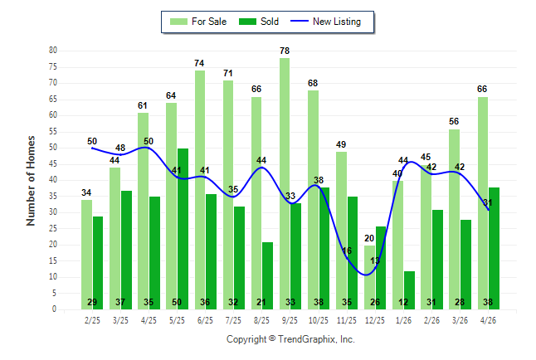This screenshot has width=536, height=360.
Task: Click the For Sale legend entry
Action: coord(198,22)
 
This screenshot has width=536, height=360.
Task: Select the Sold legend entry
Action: coord(259,22)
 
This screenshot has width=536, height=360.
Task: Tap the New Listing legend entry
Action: coord(326,22)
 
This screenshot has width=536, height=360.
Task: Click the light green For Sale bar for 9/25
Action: coord(285,183)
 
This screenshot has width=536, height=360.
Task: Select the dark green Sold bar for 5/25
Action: coord(183,229)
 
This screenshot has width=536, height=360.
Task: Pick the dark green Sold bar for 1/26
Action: coord(409,290)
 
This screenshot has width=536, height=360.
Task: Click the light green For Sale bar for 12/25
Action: coord(369,277)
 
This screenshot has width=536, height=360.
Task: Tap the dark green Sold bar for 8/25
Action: coord(268,276)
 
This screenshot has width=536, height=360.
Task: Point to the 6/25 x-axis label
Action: coord(205,321)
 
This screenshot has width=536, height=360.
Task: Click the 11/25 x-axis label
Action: coord(347,321)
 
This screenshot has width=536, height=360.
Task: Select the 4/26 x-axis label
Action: coord(488,321)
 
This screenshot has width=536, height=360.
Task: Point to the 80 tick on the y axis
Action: coord(53,51)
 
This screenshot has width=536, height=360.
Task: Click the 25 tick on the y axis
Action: coord(53,228)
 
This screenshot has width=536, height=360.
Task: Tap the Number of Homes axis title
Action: coord(31,181)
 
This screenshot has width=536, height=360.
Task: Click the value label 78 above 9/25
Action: coord(285,51)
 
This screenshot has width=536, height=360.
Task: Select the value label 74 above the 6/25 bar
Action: coord(199,63)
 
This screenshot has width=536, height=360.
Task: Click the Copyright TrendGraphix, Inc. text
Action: coord(290,339)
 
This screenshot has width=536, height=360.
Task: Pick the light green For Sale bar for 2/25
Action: coord(86,255)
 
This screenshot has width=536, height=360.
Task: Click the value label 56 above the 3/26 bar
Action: coord(454,121)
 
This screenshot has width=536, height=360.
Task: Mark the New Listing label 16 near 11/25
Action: coord(347,251)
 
